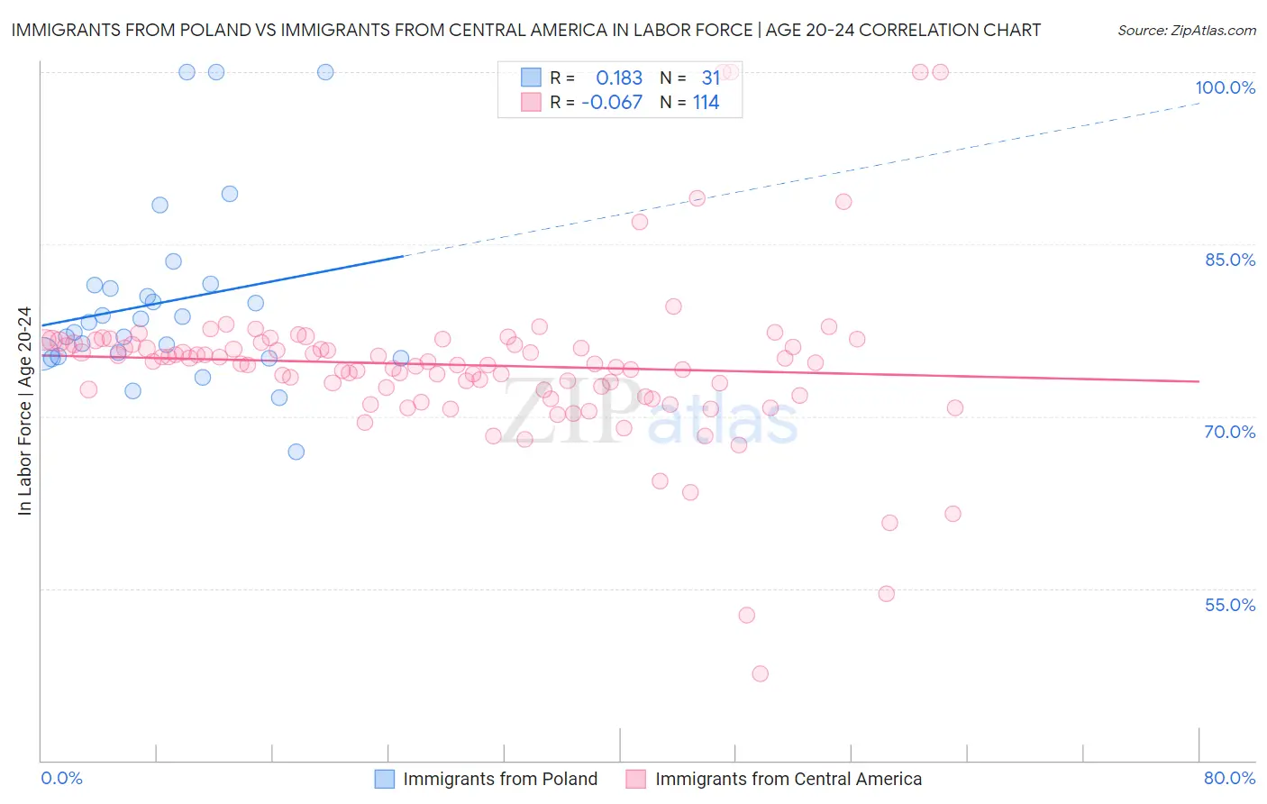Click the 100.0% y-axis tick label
[x=1225, y=87]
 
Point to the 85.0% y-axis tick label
[x=1229, y=260]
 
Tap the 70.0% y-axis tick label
[x=1229, y=432]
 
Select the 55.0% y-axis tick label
[x=1229, y=605]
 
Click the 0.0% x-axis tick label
[x=61, y=778]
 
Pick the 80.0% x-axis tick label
[x=1229, y=778]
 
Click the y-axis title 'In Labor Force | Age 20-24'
[x=24, y=411]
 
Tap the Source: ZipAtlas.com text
[x=1186, y=30]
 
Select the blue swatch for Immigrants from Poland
[x=385, y=779]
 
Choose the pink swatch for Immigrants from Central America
[x=636, y=779]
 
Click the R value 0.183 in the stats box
[x=619, y=78]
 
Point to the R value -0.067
[x=612, y=103]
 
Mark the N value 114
[x=706, y=103]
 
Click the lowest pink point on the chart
[x=760, y=673]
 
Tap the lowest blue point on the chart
[x=296, y=452]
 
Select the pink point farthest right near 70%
[x=955, y=407]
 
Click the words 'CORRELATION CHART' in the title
[x=950, y=30]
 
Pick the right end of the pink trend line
[x=1199, y=381]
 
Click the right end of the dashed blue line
[x=1199, y=104]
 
